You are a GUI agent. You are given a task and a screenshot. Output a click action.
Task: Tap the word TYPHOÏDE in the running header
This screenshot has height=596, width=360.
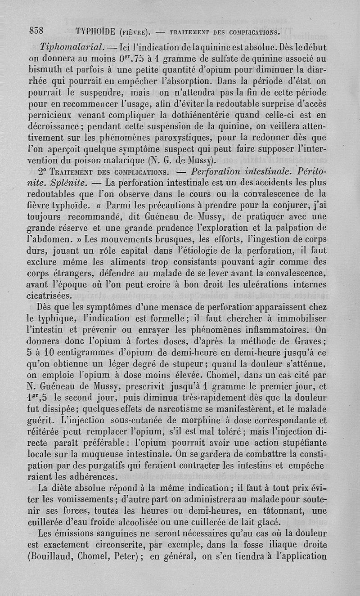97,31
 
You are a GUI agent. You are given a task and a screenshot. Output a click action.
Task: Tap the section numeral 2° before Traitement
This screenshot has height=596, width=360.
44,171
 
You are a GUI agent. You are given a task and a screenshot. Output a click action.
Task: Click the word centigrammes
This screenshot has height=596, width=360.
83,352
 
